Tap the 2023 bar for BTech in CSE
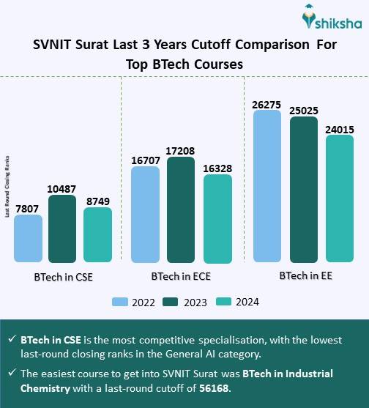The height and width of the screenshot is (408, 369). point(63,229)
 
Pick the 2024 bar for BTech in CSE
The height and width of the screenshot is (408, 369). point(98,234)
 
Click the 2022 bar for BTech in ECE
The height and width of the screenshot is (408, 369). point(145,215)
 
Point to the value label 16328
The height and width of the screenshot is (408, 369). point(217,168)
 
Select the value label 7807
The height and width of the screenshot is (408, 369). point(28,208)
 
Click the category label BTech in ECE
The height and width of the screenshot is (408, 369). point(180,278)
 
